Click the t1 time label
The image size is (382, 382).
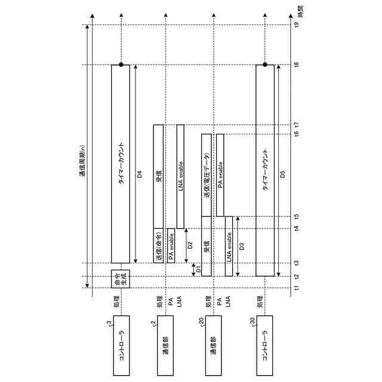point(296,288)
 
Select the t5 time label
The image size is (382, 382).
point(296,216)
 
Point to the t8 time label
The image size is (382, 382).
point(296,64)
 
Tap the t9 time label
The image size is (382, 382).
point(296,24)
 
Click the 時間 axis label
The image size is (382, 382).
point(301,12)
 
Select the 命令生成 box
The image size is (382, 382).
point(121,279)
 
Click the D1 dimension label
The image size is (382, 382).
point(199,269)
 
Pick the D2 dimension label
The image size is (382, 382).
point(190,245)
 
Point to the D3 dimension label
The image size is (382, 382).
point(242,247)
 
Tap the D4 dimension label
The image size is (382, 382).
point(140,174)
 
